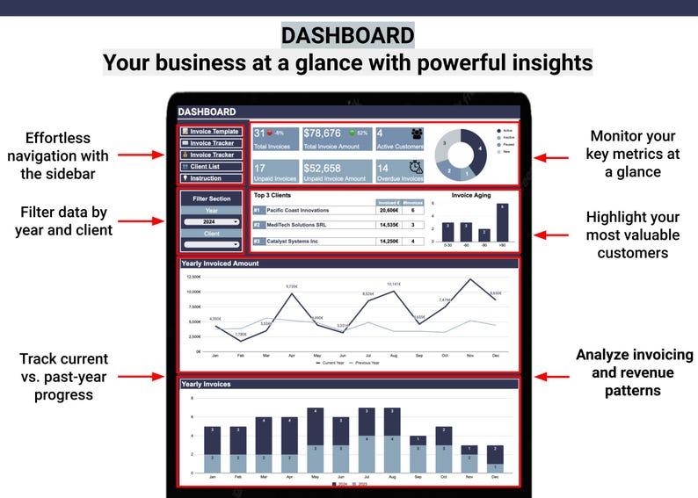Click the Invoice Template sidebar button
pyautogui.click(x=211, y=132)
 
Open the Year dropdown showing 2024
pyautogui.click(x=212, y=222)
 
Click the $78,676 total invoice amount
pyautogui.click(x=322, y=134)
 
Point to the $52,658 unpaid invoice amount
pyautogui.click(x=322, y=168)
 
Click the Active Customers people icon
pyautogui.click(x=415, y=134)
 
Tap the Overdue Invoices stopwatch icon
pyautogui.click(x=416, y=167)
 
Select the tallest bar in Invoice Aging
pyautogui.click(x=502, y=222)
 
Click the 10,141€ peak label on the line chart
pyautogui.click(x=393, y=285)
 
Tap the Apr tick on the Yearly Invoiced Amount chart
pyautogui.click(x=291, y=355)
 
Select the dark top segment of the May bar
pyautogui.click(x=316, y=425)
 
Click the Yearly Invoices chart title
pyautogui.click(x=206, y=384)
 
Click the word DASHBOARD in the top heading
pyautogui.click(x=348, y=36)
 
